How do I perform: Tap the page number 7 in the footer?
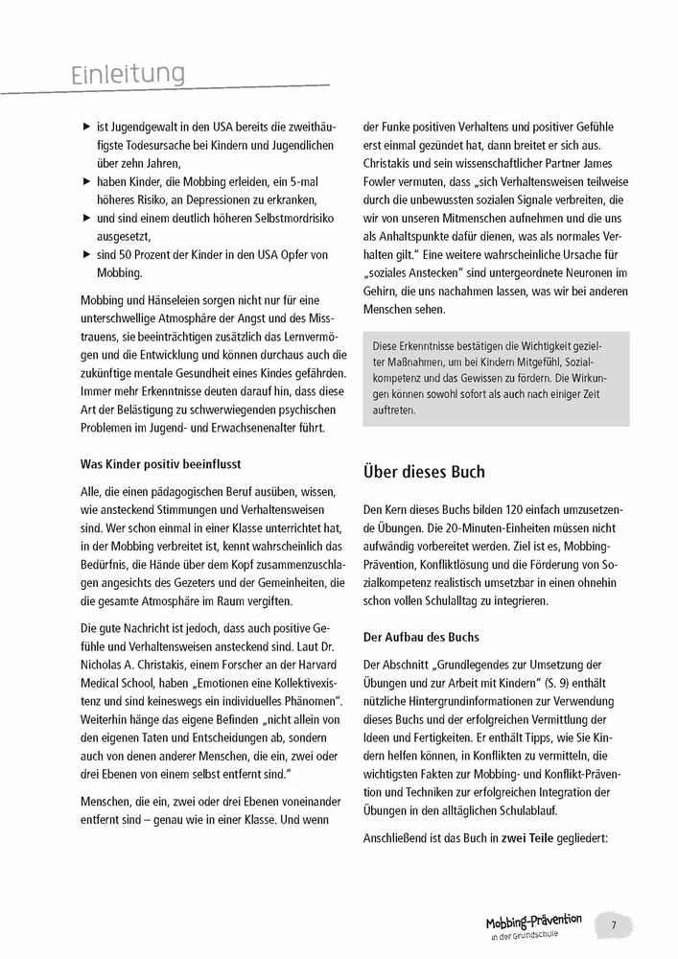click(614, 925)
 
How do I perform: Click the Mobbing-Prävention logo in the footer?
click(533, 925)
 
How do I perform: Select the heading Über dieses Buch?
click(424, 472)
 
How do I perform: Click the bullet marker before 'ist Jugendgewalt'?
click(87, 127)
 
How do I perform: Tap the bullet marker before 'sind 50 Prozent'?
click(87, 253)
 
